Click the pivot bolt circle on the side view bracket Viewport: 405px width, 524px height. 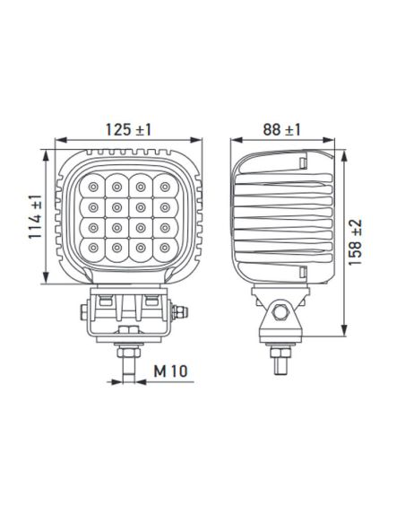point(282,313)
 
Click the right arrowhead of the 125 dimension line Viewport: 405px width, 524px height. point(200,140)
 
